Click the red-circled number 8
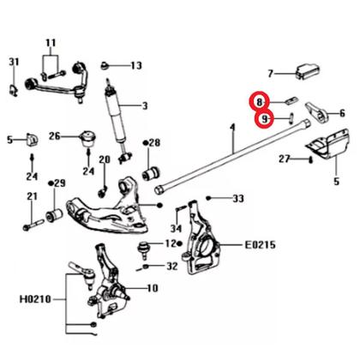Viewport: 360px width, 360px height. pos(259,102)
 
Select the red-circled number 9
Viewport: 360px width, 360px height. pos(265,119)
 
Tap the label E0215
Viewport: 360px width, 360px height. pos(260,245)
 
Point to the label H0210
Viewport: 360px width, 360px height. pos(35,299)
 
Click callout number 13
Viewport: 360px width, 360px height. pos(136,66)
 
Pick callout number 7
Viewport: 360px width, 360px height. pos(271,74)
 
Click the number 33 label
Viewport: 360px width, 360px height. pos(238,198)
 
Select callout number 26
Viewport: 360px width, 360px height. pos(55,135)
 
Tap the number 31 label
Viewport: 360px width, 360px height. pos(14,62)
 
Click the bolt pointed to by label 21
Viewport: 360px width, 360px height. pos(33,225)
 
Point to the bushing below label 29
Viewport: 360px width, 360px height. pos(54,215)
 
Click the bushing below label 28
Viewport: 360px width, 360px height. pos(152,173)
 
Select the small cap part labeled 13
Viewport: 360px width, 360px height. pos(105,66)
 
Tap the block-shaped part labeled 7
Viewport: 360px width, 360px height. pos(307,72)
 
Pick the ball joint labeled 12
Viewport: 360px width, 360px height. pos(144,250)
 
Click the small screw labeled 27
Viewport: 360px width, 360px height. pos(310,160)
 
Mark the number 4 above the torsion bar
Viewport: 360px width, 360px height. pos(232,128)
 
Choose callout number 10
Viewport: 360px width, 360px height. pos(152,288)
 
